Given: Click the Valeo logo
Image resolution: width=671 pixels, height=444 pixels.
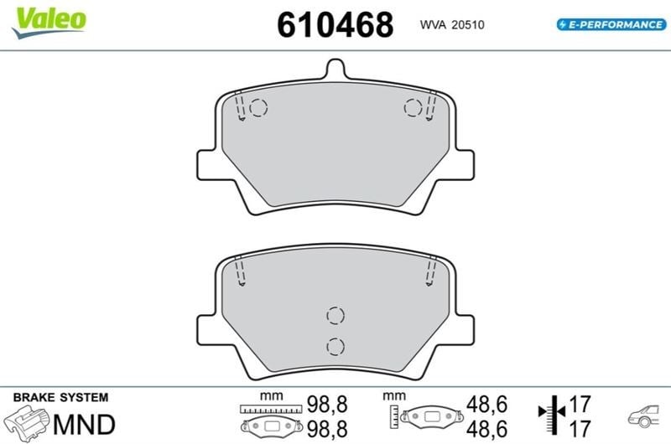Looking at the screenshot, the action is (49, 23).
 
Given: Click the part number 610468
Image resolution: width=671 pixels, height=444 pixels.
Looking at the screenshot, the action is (335, 25).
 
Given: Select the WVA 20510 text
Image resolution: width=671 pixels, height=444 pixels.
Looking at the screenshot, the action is (452, 25).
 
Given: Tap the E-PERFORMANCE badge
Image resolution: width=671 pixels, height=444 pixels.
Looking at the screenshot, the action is (611, 24).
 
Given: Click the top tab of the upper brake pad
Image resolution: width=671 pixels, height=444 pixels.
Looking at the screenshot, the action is (335, 69).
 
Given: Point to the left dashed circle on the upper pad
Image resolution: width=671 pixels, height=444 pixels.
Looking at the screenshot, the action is (258, 108).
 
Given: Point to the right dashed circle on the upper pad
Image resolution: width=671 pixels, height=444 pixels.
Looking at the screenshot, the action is (413, 107).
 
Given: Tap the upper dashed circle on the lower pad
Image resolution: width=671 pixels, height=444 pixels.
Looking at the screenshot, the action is (335, 316).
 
